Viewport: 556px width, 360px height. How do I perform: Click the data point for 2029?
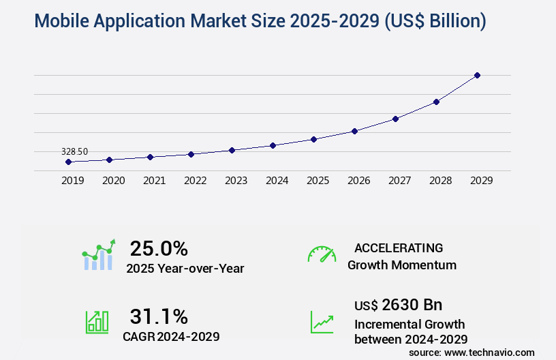[477, 75]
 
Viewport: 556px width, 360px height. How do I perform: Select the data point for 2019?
[68, 162]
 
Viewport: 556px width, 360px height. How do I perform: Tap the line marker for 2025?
[313, 139]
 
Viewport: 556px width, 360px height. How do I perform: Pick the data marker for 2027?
[395, 119]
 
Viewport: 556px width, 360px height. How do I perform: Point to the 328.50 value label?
[74, 151]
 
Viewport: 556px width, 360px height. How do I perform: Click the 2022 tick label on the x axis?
[195, 181]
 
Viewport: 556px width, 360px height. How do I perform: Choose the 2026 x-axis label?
[358, 181]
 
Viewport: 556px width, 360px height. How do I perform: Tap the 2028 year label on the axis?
[440, 181]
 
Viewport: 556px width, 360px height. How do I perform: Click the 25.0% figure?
[159, 248]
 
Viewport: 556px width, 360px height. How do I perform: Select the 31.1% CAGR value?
[159, 316]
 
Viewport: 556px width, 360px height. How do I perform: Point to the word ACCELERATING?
[399, 247]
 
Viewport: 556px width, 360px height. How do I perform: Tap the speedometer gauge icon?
[322, 254]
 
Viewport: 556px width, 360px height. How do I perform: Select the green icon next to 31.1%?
[97, 322]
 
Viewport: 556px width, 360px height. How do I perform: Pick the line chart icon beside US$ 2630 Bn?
[322, 322]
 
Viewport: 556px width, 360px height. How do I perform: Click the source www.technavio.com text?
[472, 352]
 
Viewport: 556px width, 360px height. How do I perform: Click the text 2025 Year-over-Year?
[185, 269]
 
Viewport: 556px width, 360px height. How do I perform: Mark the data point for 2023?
[232, 150]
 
